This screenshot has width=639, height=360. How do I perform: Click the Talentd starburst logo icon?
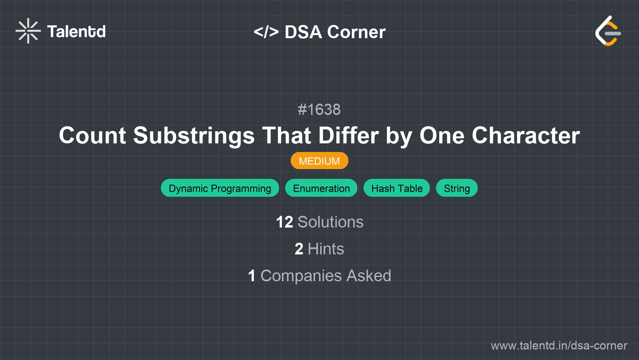pos(28,31)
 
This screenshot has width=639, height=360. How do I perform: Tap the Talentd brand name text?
pos(76,32)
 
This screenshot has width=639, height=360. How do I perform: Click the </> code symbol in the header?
pos(266,32)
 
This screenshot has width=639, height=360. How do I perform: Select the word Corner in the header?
pos(356,32)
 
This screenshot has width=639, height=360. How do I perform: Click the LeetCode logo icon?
pos(608,31)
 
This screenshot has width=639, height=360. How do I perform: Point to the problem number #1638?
pos(319,109)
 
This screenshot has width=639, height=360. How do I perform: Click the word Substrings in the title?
pos(194,136)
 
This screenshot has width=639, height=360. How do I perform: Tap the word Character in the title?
pos(526,136)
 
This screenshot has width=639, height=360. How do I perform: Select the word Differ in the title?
pos(348,136)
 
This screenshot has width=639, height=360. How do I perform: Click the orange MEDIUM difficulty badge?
pos(319,161)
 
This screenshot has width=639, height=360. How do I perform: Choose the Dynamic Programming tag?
pos(220,188)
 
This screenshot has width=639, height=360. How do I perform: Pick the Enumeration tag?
pos(321,188)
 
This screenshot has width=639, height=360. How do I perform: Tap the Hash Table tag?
pos(397,188)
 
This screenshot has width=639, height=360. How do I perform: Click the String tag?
pos(457,188)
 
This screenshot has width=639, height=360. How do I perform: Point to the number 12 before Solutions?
pos(284,222)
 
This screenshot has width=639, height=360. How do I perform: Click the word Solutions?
pos(330,222)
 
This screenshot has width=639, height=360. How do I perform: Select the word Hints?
pos(326,249)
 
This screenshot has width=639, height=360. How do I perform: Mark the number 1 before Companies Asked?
pos(252,276)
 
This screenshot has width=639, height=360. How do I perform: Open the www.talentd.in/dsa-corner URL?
pos(559,346)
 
